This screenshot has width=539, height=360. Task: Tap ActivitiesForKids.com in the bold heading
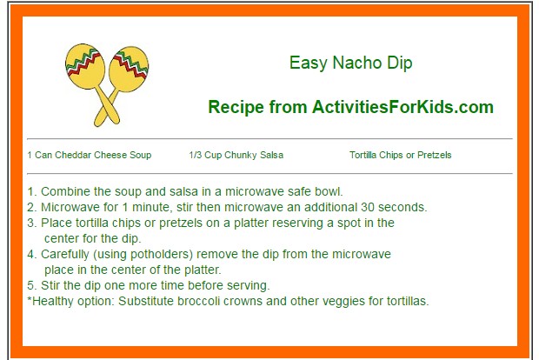coord(403,107)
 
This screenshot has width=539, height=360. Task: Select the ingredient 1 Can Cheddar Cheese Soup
coord(90,155)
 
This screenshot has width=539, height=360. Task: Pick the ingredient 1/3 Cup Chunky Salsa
coord(236,155)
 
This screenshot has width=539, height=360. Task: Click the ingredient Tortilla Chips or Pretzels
coord(401,155)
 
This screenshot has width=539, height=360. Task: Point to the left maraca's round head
coord(85,66)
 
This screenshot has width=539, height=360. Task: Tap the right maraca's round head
coord(129,69)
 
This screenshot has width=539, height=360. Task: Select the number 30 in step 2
coord(368,207)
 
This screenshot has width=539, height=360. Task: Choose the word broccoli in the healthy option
coord(198,301)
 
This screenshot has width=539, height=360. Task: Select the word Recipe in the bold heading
coord(236,107)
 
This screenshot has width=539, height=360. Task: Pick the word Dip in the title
coord(400,63)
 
